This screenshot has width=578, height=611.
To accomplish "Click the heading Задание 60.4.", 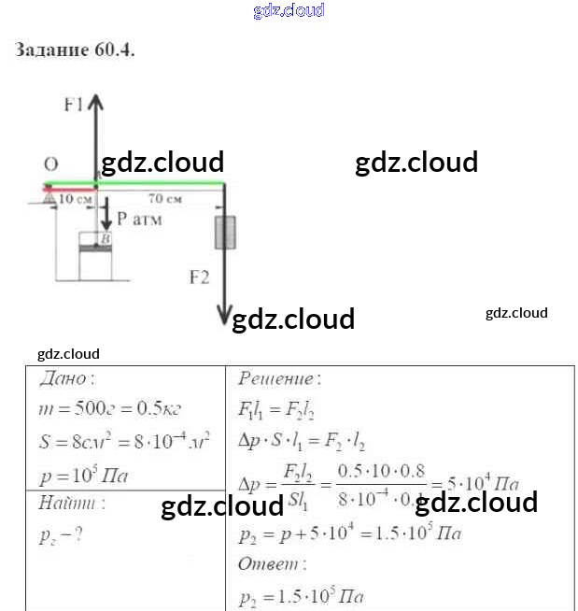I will [75, 50].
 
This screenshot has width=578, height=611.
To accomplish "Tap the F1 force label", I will [74, 105].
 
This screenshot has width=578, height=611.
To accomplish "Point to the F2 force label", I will [198, 277].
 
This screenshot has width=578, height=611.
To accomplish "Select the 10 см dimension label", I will [76, 199].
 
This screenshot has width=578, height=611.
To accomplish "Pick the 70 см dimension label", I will [164, 199].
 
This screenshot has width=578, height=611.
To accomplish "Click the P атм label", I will [139, 220].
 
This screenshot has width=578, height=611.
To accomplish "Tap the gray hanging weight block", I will [224, 232].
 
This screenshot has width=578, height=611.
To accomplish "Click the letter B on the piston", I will [105, 240].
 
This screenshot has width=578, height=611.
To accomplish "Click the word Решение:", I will [279, 378].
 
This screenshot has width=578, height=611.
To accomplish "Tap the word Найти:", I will [71, 503].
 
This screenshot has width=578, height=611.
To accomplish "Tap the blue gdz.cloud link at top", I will [289, 10].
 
